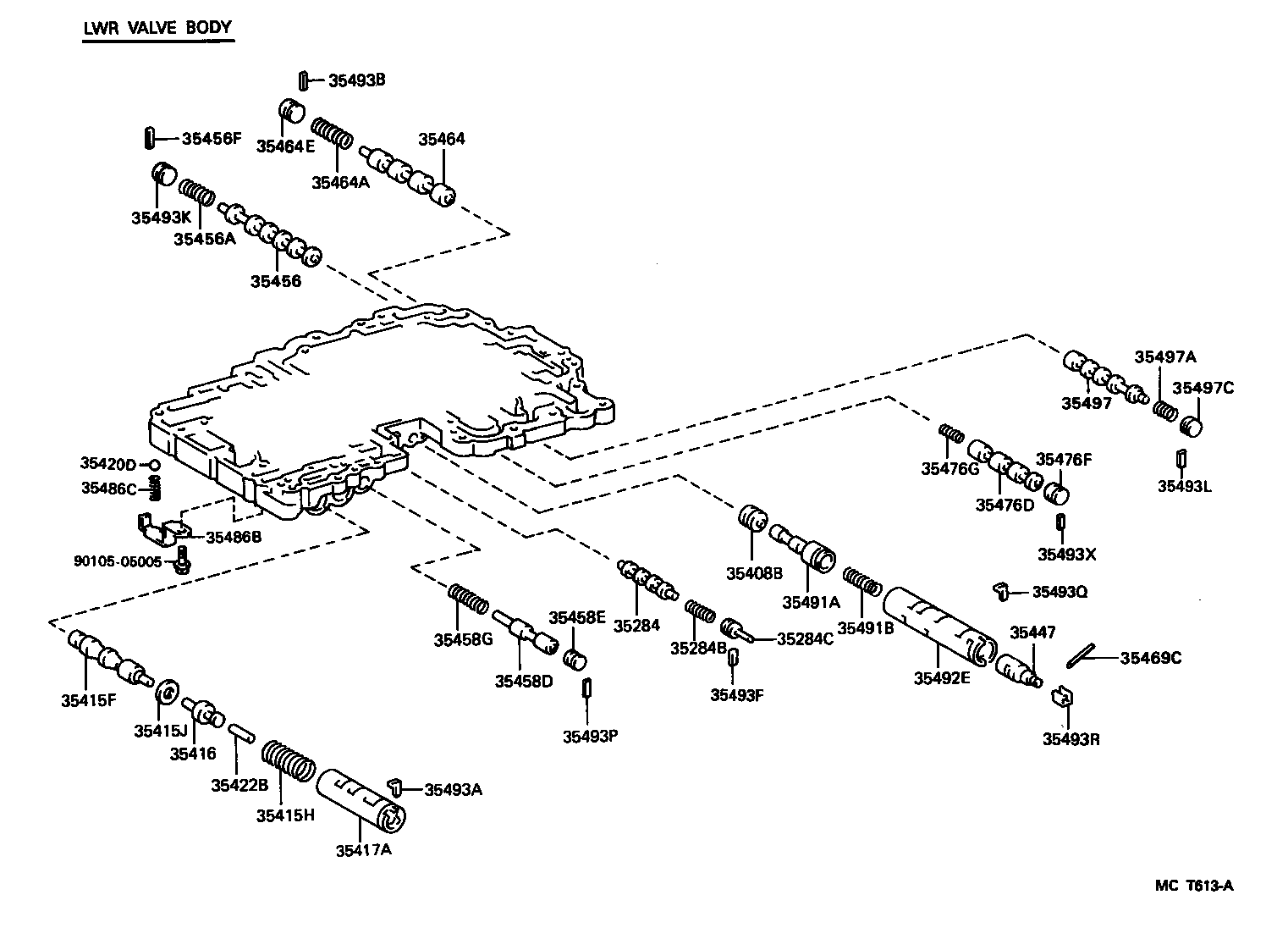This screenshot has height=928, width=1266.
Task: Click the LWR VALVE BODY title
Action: coord(157,27)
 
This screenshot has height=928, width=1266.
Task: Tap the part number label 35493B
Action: coord(356,80)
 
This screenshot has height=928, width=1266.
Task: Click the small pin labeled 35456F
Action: coord(150,135)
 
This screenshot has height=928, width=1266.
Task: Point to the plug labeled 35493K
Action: coord(162,174)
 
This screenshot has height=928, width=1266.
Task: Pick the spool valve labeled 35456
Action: coord(269,235)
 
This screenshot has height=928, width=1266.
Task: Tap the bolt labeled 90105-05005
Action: coord(181,560)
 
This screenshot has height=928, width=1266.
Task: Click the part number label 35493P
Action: coord(591,736)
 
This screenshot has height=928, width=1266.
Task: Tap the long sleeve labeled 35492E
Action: coord(939,623)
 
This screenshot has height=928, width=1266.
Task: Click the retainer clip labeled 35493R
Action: coord(1061,698)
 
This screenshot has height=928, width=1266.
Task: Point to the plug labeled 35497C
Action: coord(1191,423)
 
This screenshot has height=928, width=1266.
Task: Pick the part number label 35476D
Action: coord(1005,505)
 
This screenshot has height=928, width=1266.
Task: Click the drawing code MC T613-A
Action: coord(1194,887)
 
